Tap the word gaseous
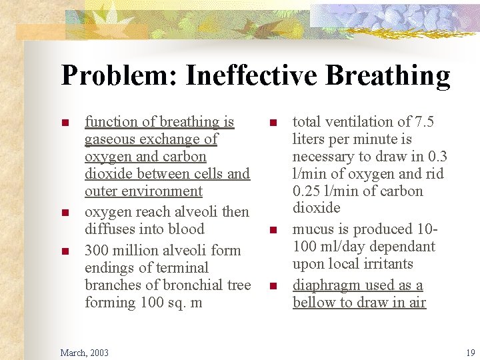(109, 139)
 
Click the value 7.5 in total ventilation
(423, 122)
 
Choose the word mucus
(312, 229)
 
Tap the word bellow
(313, 303)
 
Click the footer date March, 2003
(85, 352)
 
